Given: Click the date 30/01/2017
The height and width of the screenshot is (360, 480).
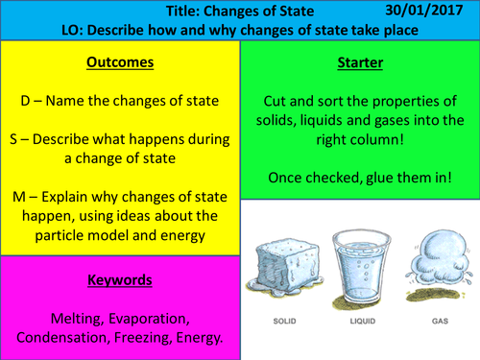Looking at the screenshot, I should click(x=428, y=11).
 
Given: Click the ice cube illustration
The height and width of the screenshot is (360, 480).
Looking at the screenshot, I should click(x=284, y=264).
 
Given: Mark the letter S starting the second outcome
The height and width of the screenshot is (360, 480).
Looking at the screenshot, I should click(x=26, y=135).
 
